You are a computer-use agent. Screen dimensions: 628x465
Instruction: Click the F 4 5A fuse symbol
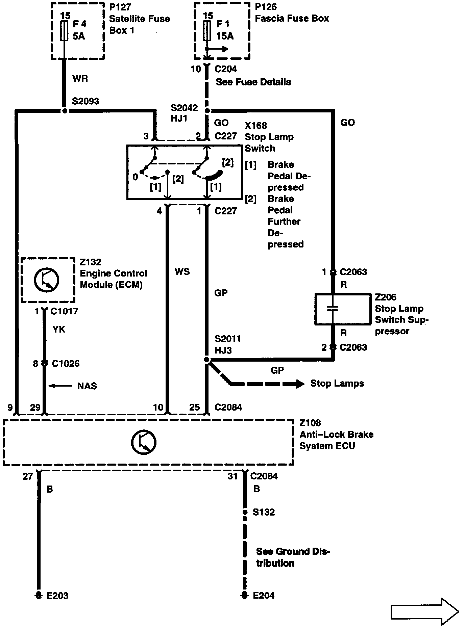click(64, 31)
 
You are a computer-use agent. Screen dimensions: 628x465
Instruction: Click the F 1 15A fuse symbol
click(207, 31)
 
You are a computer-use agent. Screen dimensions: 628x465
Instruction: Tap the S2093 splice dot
click(65, 111)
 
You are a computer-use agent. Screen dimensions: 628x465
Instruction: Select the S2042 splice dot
click(207, 111)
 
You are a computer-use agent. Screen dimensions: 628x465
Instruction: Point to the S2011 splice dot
click(207, 360)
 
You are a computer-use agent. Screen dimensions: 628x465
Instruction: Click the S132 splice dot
click(245, 512)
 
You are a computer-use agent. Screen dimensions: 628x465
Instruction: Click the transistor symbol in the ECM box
click(47, 280)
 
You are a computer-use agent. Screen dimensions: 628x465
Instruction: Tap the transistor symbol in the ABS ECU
click(144, 442)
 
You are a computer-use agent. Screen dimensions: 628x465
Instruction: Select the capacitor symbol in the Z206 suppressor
click(333, 309)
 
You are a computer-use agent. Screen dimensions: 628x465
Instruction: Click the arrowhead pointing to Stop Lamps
click(300, 384)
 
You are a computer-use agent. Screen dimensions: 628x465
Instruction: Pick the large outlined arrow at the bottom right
click(424, 611)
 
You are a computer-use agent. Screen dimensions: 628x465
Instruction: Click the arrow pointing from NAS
click(60, 386)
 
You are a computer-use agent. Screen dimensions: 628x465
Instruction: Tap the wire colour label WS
click(182, 272)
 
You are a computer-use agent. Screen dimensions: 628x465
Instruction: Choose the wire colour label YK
click(59, 330)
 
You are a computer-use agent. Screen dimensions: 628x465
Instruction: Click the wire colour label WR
click(80, 79)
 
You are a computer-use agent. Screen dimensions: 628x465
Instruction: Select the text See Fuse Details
click(253, 82)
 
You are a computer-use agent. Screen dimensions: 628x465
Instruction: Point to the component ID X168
click(256, 126)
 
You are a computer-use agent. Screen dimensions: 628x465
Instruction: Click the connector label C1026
click(66, 364)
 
